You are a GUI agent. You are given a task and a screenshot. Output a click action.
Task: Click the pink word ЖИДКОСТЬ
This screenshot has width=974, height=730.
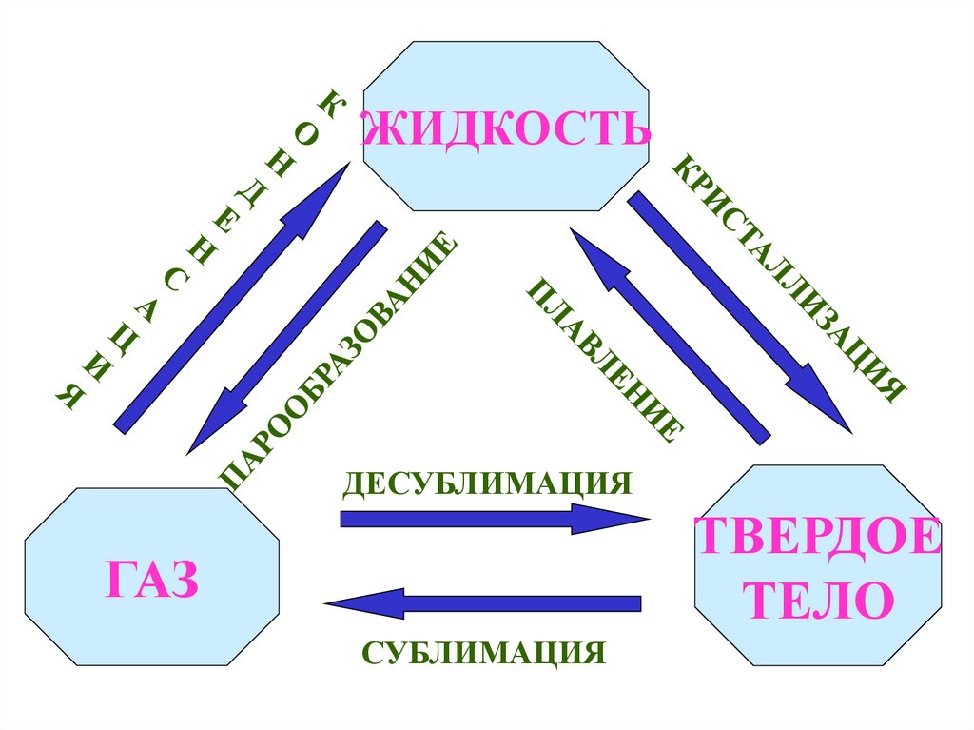pyautogui.click(x=508, y=128)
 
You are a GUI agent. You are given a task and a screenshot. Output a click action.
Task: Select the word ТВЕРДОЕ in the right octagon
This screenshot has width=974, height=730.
pyautogui.click(x=817, y=539)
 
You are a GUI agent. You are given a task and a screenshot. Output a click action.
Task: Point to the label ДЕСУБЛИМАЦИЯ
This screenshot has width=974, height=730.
pyautogui.click(x=488, y=482)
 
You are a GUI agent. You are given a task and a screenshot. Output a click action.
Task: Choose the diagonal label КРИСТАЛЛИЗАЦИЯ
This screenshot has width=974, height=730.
pyautogui.click(x=789, y=276)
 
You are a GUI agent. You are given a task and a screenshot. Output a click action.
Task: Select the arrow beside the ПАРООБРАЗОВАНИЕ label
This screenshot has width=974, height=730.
pyautogui.click(x=286, y=337)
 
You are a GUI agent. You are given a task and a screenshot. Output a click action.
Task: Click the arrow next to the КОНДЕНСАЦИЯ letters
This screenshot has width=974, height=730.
pyautogui.click(x=228, y=299)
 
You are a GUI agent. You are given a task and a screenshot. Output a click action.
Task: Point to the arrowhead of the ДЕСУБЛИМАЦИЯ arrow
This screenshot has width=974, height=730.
pyautogui.click(x=618, y=519)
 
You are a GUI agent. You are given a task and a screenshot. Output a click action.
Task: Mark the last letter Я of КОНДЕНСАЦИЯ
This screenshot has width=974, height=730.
pyautogui.click(x=68, y=397)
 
